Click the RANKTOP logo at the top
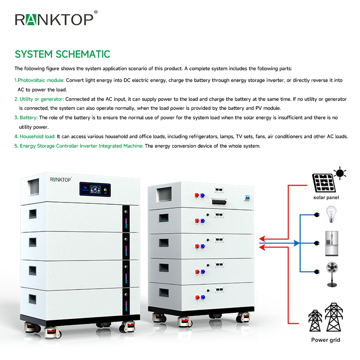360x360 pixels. [54, 19]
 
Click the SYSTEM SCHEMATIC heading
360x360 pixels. [62, 54]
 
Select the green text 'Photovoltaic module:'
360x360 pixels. [40, 80]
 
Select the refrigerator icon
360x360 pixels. [332, 243]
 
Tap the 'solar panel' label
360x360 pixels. [326, 198]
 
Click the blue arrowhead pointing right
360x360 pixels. [297, 243]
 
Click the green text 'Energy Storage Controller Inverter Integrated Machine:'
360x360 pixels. [81, 146]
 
